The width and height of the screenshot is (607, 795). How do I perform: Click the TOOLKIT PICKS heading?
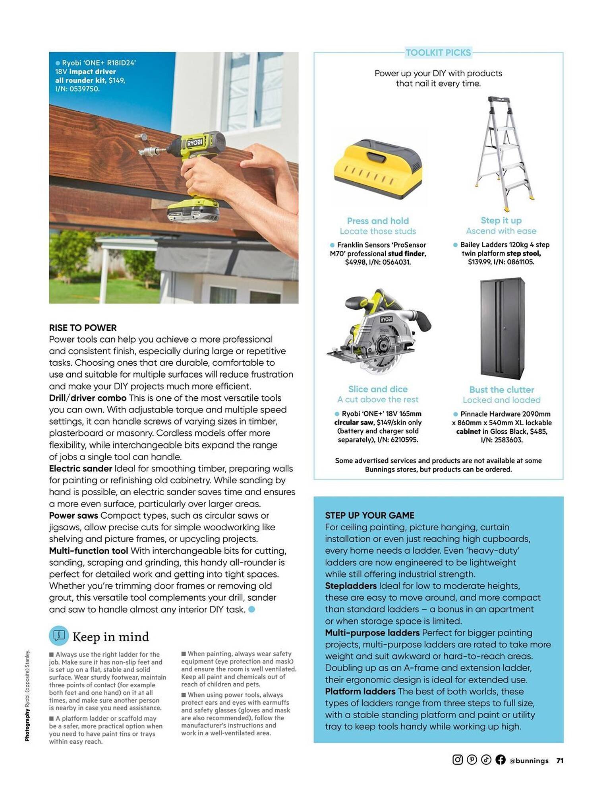click(438, 52)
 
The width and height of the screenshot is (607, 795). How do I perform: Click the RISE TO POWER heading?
click(83, 328)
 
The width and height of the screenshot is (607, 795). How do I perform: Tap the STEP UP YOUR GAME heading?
click(369, 515)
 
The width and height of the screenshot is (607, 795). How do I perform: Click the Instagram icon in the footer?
click(457, 760)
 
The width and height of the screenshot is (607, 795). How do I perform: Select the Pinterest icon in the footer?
click(472, 760)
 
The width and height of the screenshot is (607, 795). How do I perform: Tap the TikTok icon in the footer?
click(486, 760)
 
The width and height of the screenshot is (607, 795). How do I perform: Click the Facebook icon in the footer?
click(500, 760)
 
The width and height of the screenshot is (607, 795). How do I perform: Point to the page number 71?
click(560, 760)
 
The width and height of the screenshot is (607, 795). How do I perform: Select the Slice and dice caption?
click(378, 389)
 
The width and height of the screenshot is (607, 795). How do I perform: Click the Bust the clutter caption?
click(501, 390)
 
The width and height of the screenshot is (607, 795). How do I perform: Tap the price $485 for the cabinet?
click(538, 431)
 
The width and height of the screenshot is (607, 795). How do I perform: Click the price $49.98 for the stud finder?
click(356, 262)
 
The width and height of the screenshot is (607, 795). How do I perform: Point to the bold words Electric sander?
click(80, 469)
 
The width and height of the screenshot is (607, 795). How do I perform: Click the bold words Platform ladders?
click(360, 691)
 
